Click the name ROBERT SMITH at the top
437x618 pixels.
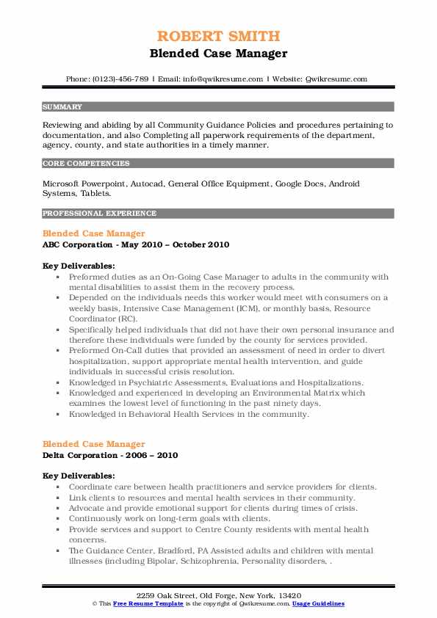(218, 36)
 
